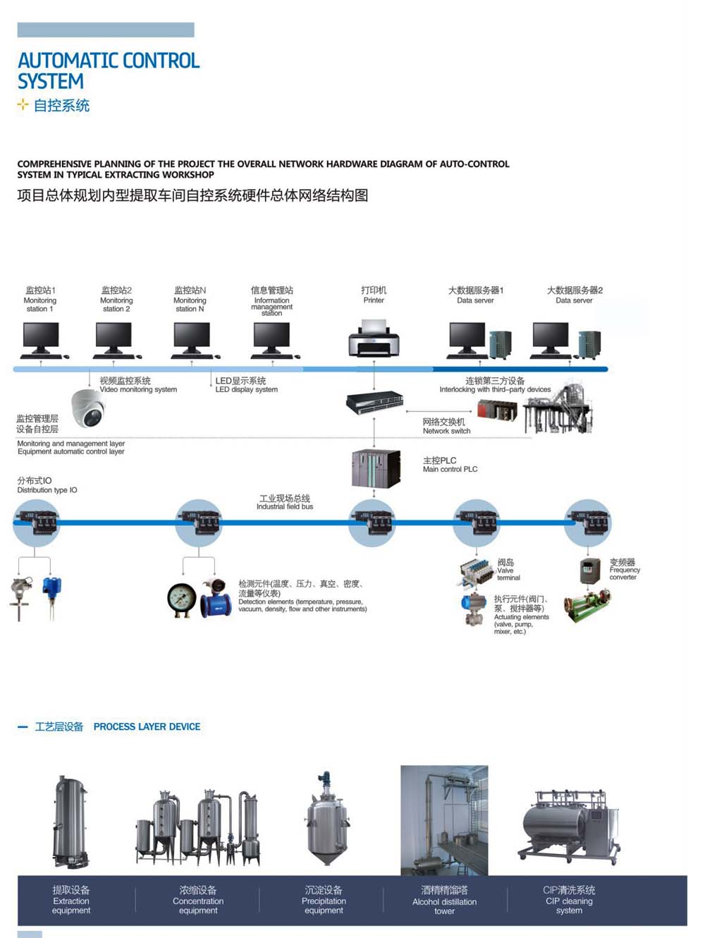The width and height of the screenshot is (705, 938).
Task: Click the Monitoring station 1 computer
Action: (41, 339)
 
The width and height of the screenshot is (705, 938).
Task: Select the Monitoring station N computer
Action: (192, 339)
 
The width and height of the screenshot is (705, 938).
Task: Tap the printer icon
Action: (374, 339)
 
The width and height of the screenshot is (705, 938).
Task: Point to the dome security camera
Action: (88, 408)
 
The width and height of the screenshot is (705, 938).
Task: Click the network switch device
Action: (374, 403)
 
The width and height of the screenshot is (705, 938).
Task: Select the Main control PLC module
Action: (376, 468)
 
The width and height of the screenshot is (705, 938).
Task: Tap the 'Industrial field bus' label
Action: (285, 502)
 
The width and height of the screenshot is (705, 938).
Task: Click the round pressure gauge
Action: (182, 599)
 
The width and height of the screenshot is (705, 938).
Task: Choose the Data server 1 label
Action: (476, 295)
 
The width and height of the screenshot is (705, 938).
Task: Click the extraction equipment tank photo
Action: (71, 822)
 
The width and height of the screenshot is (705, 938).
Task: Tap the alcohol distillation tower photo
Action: (444, 820)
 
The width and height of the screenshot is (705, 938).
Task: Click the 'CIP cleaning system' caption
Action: (569, 901)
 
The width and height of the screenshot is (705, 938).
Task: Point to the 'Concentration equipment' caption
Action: (198, 901)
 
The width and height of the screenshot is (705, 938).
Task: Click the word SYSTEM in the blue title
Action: (51, 82)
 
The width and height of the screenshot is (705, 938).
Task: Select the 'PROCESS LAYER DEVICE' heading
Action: (147, 726)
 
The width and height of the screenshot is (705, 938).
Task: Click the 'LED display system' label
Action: (246, 385)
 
